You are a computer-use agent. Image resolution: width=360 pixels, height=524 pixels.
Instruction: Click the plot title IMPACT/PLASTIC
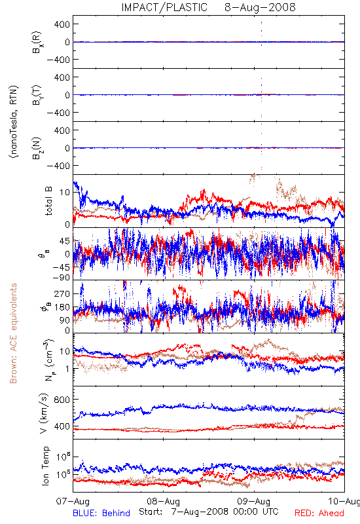[164, 7]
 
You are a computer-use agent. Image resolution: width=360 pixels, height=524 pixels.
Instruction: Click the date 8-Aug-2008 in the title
[260, 7]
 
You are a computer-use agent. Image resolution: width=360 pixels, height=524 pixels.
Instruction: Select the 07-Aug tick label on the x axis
[73, 502]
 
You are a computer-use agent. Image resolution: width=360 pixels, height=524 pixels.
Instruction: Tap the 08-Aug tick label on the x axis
[163, 502]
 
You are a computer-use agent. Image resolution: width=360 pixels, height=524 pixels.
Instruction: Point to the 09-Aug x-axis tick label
[254, 502]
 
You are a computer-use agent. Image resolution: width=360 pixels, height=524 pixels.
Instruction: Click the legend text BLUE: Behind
[101, 513]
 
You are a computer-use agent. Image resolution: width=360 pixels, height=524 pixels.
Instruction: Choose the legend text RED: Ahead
[319, 513]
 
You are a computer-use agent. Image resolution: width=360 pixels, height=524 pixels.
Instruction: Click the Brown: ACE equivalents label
[13, 333]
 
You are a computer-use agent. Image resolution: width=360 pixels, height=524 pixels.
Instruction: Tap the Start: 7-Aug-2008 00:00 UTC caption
[209, 512]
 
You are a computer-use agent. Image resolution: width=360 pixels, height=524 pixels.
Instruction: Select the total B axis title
[48, 201]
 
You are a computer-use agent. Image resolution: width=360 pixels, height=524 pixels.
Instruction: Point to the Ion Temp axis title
[45, 466]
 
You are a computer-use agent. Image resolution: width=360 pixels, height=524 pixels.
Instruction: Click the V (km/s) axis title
[45, 413]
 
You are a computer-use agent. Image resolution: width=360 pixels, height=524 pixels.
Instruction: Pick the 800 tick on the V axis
[62, 400]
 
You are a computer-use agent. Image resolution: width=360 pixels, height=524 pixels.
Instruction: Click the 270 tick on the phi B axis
[62, 293]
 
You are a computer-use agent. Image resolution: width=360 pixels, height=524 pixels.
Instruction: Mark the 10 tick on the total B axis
[65, 193]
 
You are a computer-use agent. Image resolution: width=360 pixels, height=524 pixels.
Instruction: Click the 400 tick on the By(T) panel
[62, 77]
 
